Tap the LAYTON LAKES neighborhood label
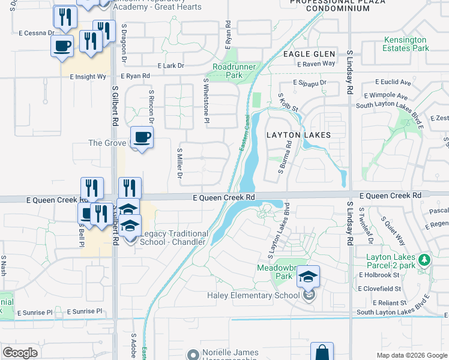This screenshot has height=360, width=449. click(x=298, y=135)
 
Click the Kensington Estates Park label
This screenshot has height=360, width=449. click(x=406, y=44)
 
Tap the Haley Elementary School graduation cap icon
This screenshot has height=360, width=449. click(x=308, y=277)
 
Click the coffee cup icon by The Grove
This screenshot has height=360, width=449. click(x=142, y=137)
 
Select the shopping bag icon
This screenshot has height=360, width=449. click(x=322, y=352)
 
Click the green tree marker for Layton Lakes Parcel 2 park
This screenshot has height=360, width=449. click(x=425, y=259)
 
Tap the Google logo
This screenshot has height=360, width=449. click(x=20, y=353)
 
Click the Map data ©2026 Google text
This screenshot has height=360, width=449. click(x=412, y=355)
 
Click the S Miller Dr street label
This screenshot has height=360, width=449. click(x=179, y=163)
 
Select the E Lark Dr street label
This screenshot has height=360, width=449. click(x=170, y=65)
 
